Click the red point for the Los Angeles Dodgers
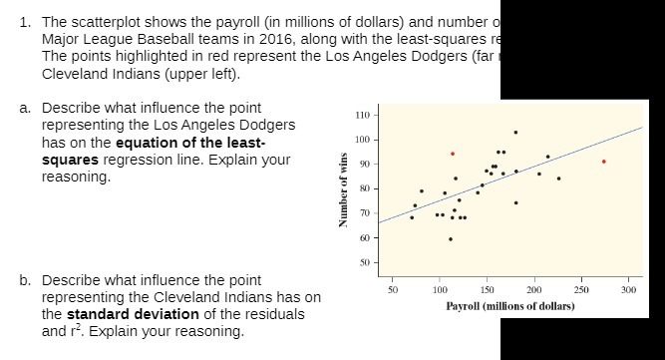603,161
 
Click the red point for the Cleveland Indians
453,154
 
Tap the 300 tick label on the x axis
626,290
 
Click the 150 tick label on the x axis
487,290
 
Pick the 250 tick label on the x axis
579,290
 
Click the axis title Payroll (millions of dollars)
509,304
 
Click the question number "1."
25,21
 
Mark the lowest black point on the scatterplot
451,239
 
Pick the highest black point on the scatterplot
515,132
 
